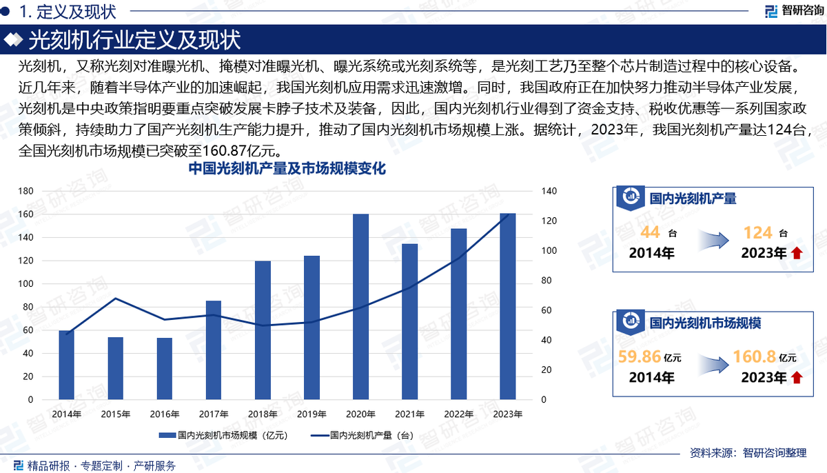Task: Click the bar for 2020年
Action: click(360, 307)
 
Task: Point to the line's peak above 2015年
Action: click(115, 299)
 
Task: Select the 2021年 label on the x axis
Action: click(409, 414)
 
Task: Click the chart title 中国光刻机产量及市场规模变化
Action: click(286, 169)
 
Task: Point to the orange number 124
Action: click(757, 232)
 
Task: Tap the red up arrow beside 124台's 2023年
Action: click(797, 254)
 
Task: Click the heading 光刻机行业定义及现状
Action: click(134, 41)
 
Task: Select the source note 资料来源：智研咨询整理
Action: click(748, 453)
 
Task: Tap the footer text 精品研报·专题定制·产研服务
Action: click(101, 466)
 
